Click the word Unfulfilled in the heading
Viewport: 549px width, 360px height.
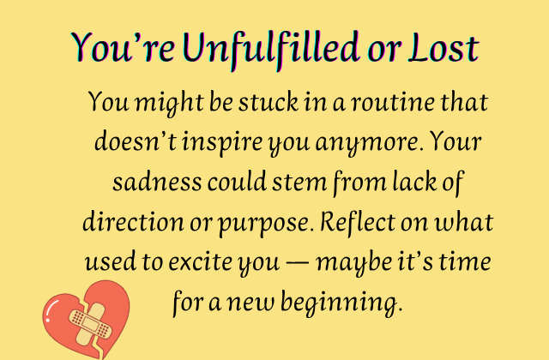(265, 47)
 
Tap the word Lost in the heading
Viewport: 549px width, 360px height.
(443, 47)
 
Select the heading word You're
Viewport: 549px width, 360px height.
(119, 47)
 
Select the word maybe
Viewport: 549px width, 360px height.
(358, 262)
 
